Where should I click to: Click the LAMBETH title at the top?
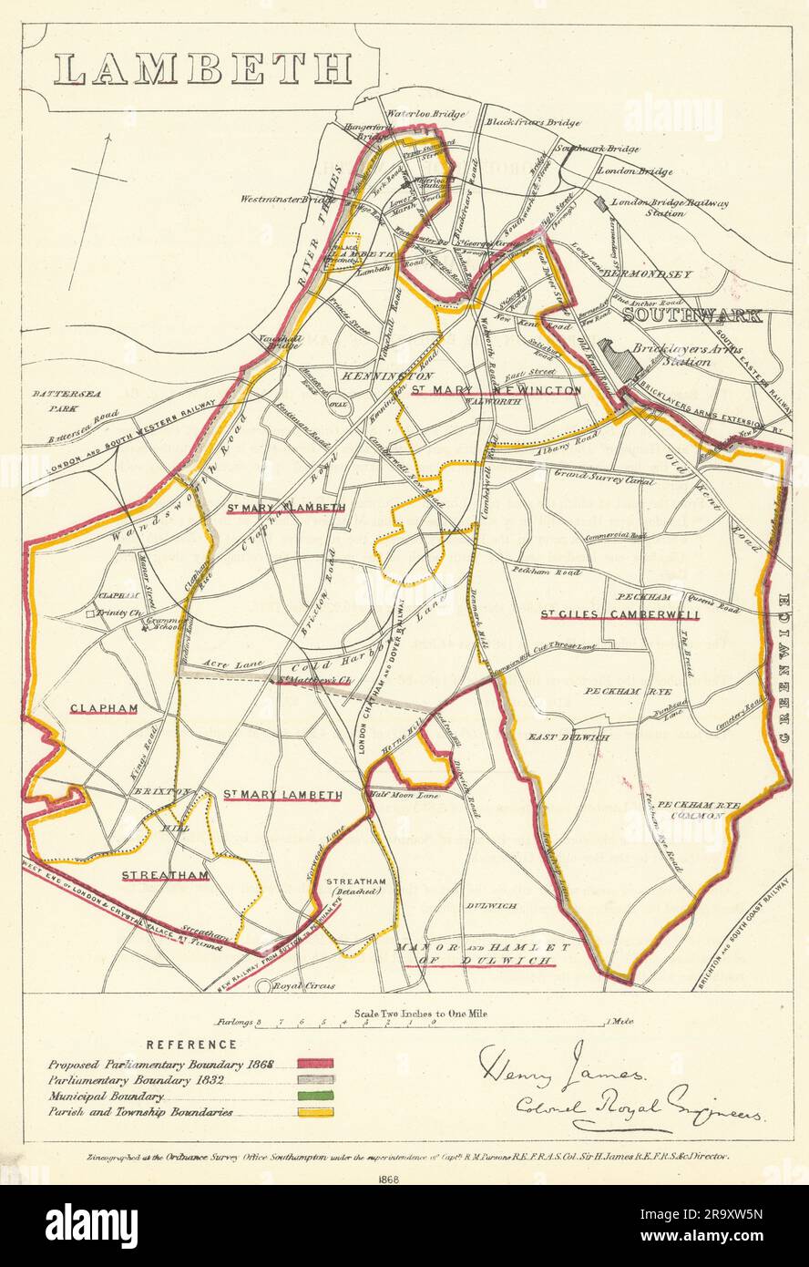coord(202,69)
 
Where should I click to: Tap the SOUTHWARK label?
coord(692,315)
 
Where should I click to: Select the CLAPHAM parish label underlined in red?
coord(103,707)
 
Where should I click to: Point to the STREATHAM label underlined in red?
coord(165,875)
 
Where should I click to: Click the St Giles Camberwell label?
coord(620,614)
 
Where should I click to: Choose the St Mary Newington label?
coord(495,389)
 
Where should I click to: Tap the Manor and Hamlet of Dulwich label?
coord(485,954)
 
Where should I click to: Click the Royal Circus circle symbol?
coord(263,986)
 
